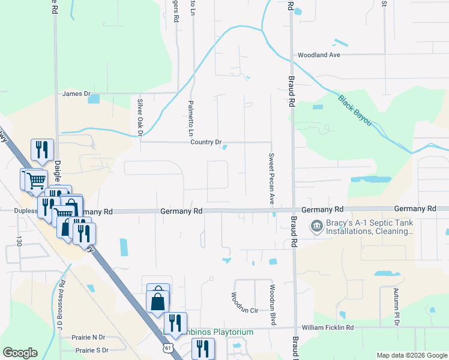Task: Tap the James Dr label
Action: [x=76, y=94]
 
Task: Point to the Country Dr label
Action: [x=206, y=142]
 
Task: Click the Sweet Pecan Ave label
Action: [x=271, y=179]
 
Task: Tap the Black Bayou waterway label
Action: [x=354, y=110]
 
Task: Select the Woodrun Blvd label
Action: [x=272, y=304]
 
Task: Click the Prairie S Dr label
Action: [x=91, y=350]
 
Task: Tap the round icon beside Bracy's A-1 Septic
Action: [x=315, y=226]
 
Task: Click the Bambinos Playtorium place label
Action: [x=211, y=332]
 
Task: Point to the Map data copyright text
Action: [x=411, y=355]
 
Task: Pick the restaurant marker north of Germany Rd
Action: [x=42, y=150]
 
